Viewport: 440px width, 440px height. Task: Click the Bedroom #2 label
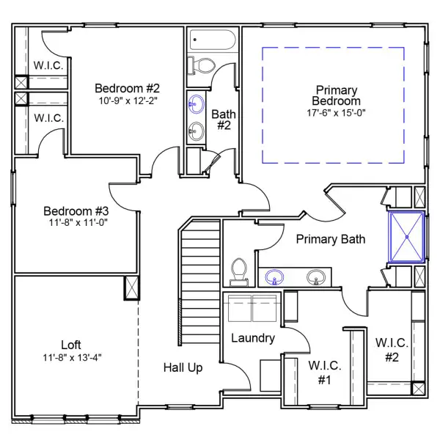tap(122, 89)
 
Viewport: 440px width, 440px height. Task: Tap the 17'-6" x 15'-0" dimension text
tap(336, 113)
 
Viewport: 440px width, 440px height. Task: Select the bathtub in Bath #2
tap(212, 40)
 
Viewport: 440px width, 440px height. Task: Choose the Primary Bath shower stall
tap(408, 236)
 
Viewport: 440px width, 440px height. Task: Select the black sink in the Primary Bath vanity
tap(316, 278)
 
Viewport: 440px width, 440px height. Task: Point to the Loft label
tap(70, 345)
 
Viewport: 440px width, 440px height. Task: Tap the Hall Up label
tap(183, 367)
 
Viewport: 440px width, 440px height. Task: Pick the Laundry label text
tap(252, 338)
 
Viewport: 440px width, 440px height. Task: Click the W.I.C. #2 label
tap(392, 350)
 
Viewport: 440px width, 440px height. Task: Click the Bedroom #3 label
tap(76, 208)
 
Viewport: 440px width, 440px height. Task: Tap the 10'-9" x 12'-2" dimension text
tap(122, 100)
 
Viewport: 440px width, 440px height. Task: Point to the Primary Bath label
tap(330, 239)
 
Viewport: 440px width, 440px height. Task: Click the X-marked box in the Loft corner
tap(132, 288)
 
